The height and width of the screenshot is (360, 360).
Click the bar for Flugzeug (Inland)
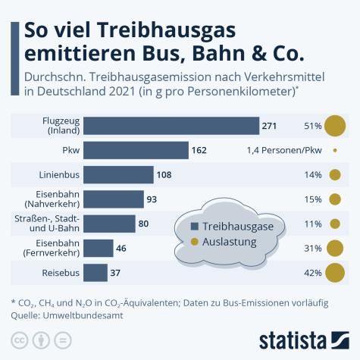tap(171, 125)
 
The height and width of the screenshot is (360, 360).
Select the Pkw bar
tap(136, 149)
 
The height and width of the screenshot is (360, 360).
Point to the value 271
tap(270, 125)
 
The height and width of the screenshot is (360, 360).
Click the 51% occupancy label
tap(312, 125)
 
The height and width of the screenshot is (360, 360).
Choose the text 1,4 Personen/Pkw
tap(284, 150)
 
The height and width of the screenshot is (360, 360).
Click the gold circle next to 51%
tap(335, 125)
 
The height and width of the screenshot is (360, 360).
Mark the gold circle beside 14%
tap(335, 174)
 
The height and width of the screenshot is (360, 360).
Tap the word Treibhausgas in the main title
tap(155, 32)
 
